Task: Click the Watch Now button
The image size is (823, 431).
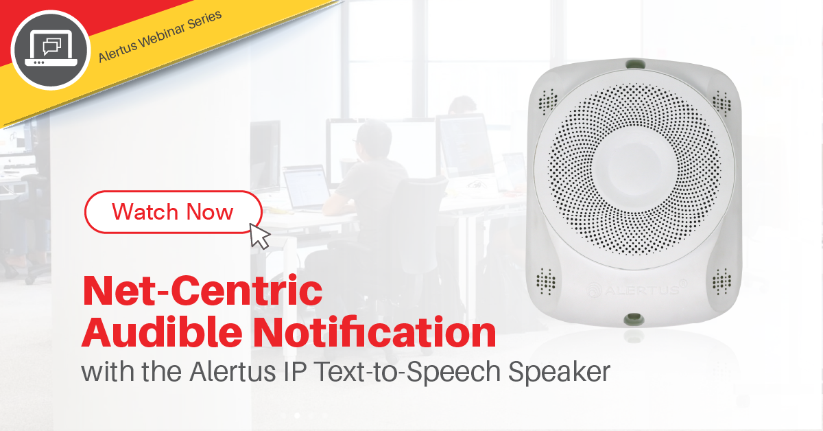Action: tap(173, 211)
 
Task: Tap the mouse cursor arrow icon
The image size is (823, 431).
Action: tap(260, 235)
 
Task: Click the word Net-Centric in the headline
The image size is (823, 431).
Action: tap(202, 291)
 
